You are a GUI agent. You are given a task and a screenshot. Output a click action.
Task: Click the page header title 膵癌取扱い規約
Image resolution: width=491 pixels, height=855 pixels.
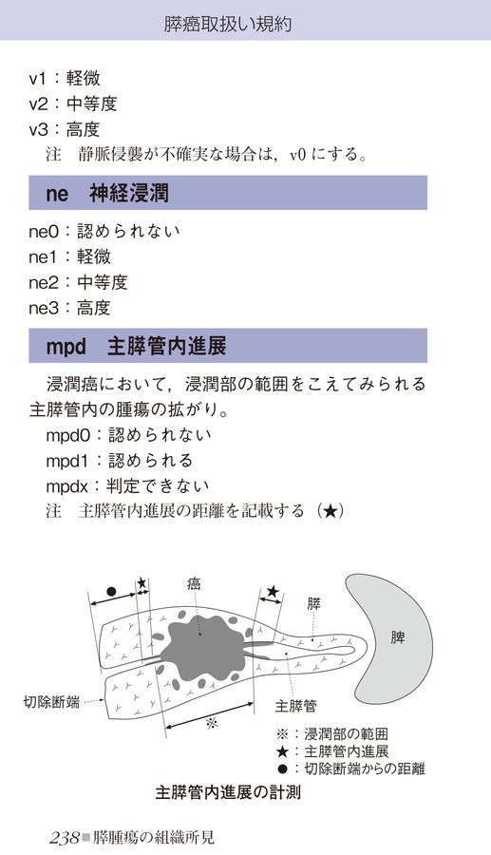coord(228,24)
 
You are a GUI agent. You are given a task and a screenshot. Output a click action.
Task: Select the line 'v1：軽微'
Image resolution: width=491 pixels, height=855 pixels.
coord(65,78)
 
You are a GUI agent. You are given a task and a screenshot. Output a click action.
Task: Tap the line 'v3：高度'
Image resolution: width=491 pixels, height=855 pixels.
coord(65,129)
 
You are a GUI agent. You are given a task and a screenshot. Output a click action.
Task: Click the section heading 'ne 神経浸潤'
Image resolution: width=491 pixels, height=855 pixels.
coord(107,193)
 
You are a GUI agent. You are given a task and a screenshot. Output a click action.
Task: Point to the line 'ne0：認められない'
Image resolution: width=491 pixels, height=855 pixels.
coord(104,231)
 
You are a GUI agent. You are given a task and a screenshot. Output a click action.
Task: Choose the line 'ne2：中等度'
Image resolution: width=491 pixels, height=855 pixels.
coord(78,282)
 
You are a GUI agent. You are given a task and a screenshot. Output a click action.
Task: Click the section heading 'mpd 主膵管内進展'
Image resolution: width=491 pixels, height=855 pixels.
coord(136,346)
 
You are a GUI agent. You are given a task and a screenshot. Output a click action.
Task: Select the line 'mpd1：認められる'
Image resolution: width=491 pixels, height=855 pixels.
coord(120,460)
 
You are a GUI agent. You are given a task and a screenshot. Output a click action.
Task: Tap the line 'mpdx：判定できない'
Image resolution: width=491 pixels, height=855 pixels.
coord(127,485)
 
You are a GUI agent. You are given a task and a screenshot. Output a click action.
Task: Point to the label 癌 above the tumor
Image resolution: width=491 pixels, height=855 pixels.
coord(194,584)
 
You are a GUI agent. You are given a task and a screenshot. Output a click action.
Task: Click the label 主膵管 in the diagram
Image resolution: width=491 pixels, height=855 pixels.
coord(295,706)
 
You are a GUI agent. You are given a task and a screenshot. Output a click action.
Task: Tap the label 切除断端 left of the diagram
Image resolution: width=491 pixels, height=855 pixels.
coord(51,701)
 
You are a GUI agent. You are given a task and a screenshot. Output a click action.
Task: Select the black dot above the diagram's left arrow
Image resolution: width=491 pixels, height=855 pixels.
coord(111,591)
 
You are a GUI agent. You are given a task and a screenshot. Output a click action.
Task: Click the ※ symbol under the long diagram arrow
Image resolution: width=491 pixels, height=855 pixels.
coord(212,723)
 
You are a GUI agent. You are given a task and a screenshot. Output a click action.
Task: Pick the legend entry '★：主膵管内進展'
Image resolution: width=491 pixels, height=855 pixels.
coord(332,751)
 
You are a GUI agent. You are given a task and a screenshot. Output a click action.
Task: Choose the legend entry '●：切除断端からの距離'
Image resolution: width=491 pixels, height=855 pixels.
coord(350,769)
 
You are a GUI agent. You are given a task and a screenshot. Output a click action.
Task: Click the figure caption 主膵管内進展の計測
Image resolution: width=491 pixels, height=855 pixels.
coord(228,791)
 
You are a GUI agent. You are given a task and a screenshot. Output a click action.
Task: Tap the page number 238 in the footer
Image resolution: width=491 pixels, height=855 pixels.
coord(65,838)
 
